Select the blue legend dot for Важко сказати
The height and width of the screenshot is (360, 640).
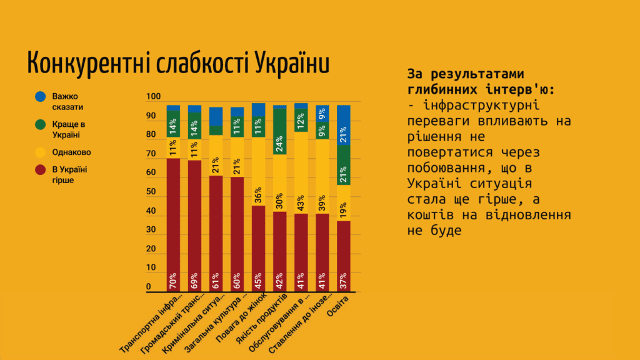pos(40,96)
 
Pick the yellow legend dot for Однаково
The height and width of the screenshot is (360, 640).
pos(40,151)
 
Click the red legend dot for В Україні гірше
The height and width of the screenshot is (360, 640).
pos(40,170)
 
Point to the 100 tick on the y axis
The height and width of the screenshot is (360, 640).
pos(153,97)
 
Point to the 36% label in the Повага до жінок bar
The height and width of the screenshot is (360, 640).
pos(258,195)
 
